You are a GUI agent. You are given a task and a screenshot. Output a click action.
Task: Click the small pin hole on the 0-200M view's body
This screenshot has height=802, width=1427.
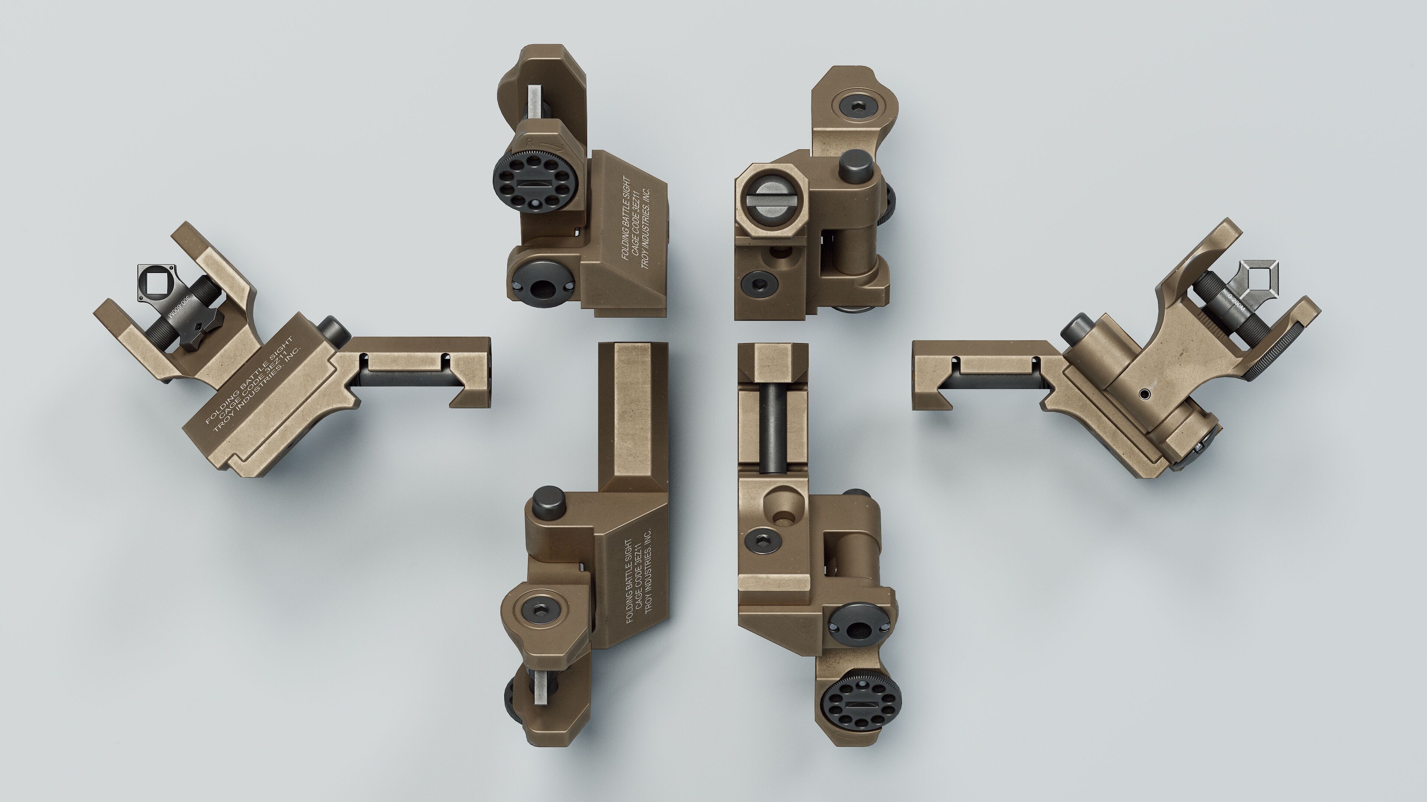pos(1145,394)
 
